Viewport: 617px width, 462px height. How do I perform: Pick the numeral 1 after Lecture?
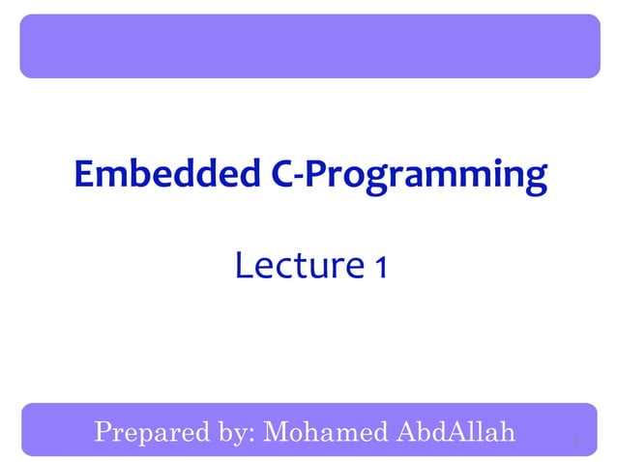coord(380,267)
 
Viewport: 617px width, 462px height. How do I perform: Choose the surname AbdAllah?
coord(454,431)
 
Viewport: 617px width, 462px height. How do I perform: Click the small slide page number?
coord(575,443)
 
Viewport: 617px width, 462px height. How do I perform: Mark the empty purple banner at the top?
coord(308,45)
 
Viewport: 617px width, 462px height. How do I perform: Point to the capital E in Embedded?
coord(84,175)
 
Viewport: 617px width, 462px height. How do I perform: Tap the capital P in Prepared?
coord(103,431)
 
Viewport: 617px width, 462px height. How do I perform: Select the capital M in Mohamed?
coord(278,431)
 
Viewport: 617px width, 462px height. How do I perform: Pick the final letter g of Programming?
coord(534,180)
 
